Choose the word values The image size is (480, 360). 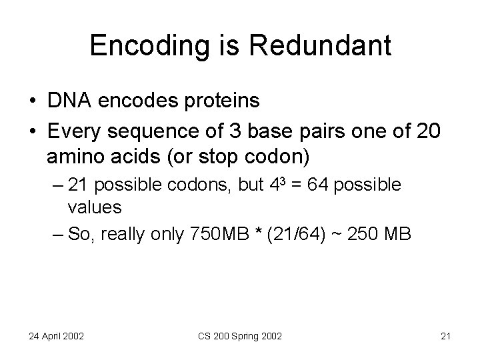[95, 207]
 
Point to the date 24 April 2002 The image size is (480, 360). [55, 335]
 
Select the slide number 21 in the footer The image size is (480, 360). [445, 335]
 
